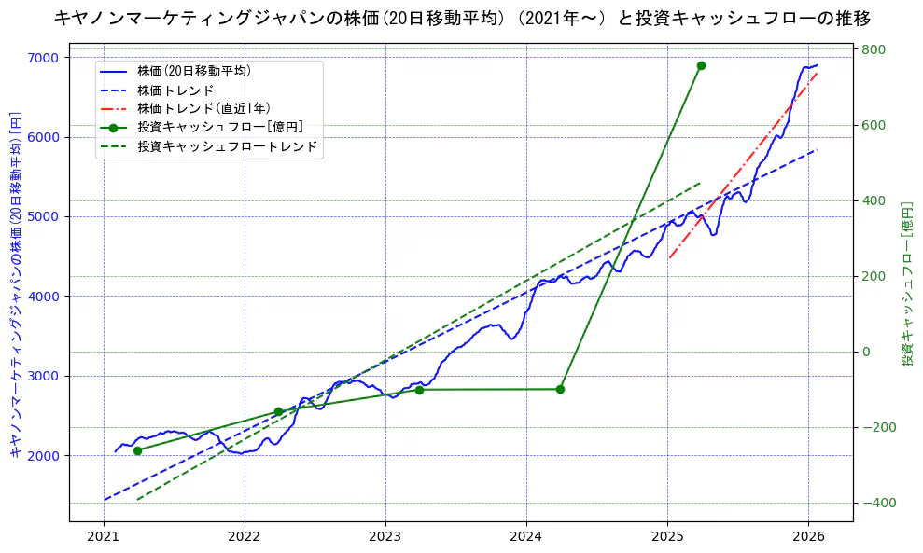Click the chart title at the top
pyautogui.click(x=462, y=18)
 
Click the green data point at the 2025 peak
pyautogui.click(x=701, y=65)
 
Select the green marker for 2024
pyautogui.click(x=560, y=389)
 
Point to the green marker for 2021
pyautogui.click(x=137, y=450)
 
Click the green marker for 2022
pyautogui.click(x=278, y=411)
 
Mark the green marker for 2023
pyautogui.click(x=419, y=390)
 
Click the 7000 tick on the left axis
pyautogui.click(x=43, y=58)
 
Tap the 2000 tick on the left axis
pyautogui.click(x=43, y=456)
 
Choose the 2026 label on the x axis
pyautogui.click(x=808, y=537)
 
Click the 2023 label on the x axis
pyautogui.click(x=385, y=537)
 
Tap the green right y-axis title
pyautogui.click(x=906, y=283)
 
